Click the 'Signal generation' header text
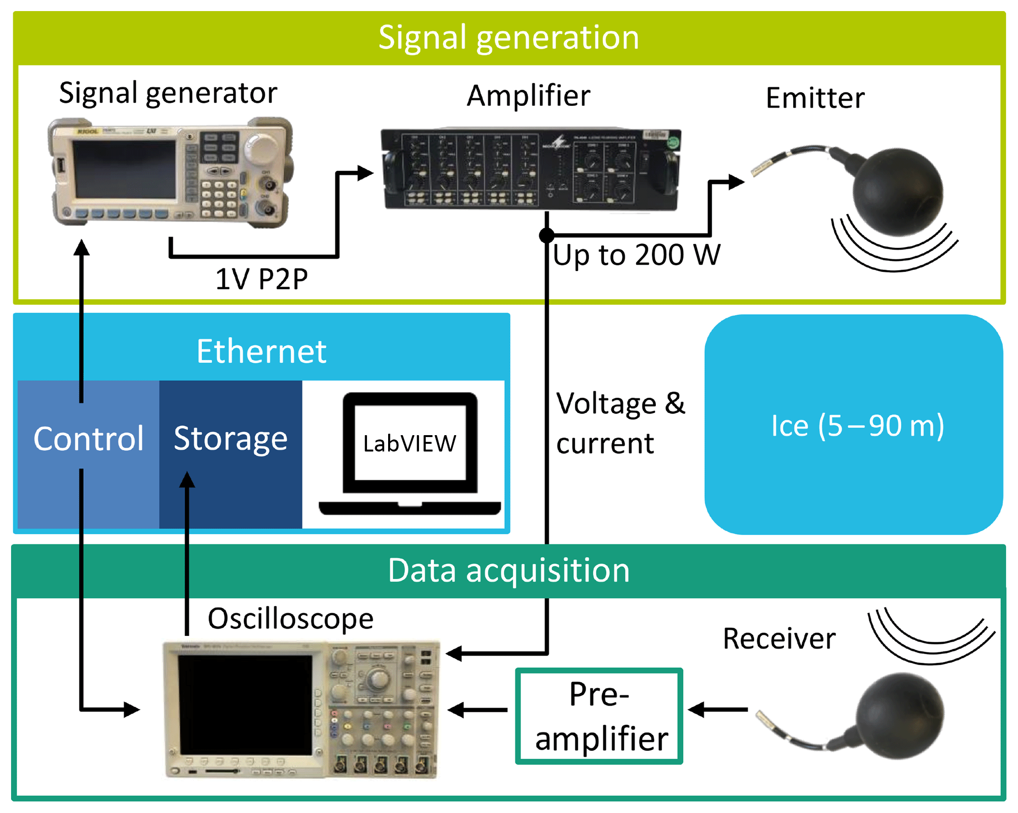(509, 38)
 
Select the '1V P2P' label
(261, 279)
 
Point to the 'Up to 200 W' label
(636, 255)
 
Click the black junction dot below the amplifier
(547, 235)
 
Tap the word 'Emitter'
(815, 98)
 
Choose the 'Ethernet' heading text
(261, 351)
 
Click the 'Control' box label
(89, 439)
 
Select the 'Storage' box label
(231, 439)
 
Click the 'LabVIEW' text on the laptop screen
(410, 443)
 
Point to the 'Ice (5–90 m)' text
(857, 426)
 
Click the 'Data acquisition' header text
(509, 570)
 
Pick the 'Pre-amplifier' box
(599, 716)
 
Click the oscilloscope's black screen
(245, 705)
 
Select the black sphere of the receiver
(901, 716)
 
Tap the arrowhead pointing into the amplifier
(365, 173)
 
